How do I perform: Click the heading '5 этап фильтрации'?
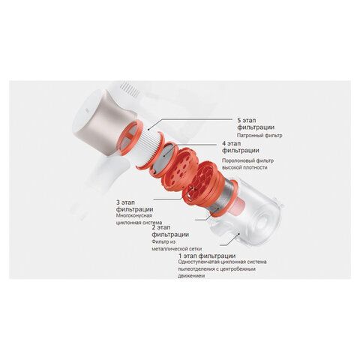256,124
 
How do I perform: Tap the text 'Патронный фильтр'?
259,136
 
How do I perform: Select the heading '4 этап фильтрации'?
241,147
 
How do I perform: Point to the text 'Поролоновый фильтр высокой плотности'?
247,164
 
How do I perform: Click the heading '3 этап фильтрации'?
134,205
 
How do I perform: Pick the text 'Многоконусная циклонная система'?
139,219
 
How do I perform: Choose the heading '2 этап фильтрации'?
170,231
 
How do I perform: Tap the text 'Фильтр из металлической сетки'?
177,245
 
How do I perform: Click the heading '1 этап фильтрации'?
207,256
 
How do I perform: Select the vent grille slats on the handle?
130,89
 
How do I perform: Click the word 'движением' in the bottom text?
191,276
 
